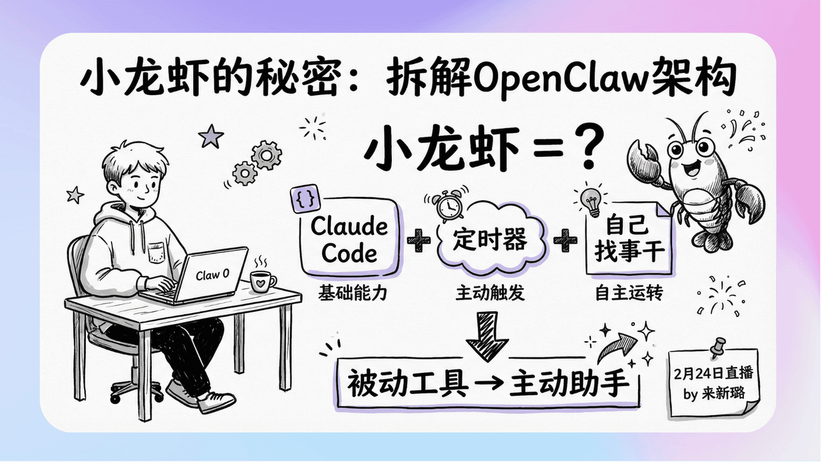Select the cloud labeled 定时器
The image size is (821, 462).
tap(490, 241)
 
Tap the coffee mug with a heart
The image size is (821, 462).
tap(262, 280)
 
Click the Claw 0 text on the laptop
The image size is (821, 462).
tap(212, 275)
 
